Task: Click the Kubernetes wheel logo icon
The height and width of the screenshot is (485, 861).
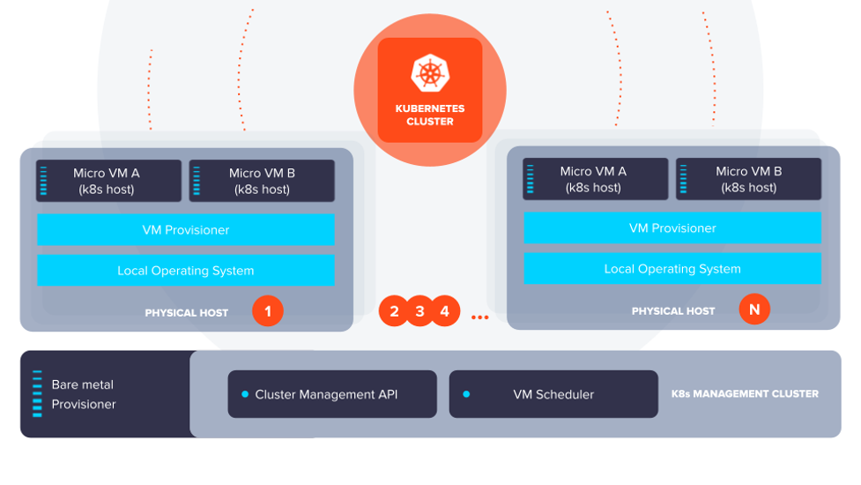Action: (430, 72)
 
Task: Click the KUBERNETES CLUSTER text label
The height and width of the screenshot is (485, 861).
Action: (430, 116)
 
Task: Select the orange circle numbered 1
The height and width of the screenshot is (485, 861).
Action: (268, 311)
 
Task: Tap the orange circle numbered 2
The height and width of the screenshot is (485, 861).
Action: (394, 311)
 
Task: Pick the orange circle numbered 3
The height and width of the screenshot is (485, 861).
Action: (419, 311)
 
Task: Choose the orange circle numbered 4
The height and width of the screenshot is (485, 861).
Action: (445, 311)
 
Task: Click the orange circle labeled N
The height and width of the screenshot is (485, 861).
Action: (754, 310)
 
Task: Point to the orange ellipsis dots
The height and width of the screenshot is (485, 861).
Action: (479, 317)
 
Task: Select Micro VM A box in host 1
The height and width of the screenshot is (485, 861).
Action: (108, 181)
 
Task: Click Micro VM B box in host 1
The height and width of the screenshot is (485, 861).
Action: (262, 181)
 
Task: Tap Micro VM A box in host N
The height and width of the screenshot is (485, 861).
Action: (595, 179)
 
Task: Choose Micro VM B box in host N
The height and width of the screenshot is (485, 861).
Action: (748, 179)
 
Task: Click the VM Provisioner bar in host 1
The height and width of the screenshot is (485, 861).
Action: (186, 229)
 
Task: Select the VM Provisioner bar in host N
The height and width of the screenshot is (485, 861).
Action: (672, 228)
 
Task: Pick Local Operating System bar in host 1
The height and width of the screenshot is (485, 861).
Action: (186, 271)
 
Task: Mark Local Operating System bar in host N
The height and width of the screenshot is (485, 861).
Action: (672, 269)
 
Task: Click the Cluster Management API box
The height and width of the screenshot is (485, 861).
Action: (332, 394)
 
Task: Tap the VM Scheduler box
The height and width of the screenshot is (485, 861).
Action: (553, 394)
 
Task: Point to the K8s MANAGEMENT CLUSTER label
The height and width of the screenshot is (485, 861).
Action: (745, 393)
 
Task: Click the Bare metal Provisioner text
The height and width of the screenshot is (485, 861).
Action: (84, 394)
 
